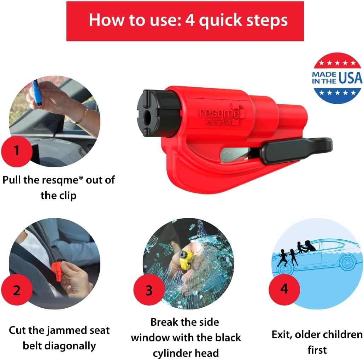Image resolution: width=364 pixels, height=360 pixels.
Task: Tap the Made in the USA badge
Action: (x=337, y=78)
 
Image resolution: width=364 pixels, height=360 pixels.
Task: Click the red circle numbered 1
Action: (x=17, y=150)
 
